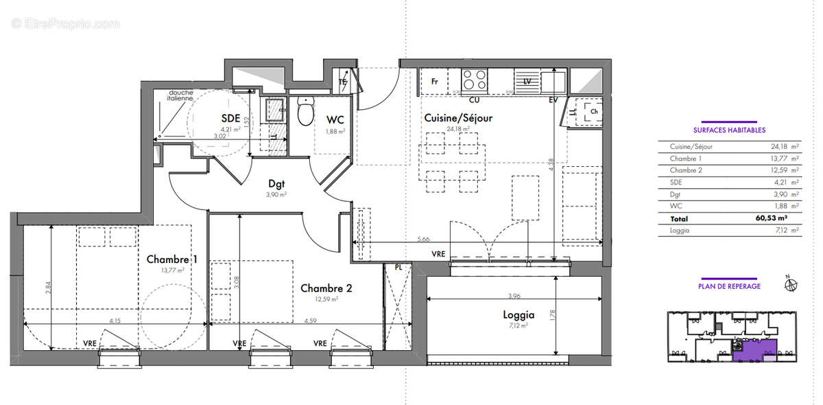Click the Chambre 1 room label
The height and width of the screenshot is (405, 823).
point(172,259)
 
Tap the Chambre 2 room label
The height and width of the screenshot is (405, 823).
point(326,288)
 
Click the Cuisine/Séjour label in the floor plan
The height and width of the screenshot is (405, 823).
point(457,118)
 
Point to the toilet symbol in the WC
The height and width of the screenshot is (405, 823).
point(306,112)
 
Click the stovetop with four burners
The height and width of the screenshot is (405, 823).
point(475,80)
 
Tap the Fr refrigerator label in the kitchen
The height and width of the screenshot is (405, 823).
point(434,81)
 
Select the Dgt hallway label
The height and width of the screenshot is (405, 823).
point(276,183)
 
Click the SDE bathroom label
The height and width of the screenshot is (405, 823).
point(230,117)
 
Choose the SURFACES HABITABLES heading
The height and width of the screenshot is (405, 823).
point(729,130)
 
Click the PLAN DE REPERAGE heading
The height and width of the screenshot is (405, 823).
point(729,286)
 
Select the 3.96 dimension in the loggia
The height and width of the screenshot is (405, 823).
point(506,296)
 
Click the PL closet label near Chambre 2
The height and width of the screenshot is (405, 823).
point(398,268)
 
